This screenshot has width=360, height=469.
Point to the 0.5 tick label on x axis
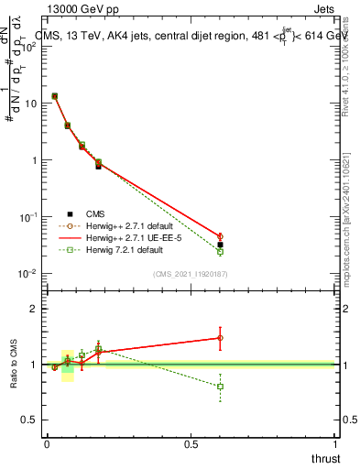pyautogui.click(x=191, y=443)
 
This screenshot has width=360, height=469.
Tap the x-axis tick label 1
pyautogui.click(x=335, y=443)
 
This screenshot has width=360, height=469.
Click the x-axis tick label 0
pyautogui.click(x=47, y=443)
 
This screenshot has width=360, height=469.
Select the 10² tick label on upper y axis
pyautogui.click(x=28, y=46)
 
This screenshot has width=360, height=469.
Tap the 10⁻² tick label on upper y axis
pyautogui.click(x=28, y=273)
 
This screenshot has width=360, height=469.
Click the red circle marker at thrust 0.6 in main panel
pyautogui.click(x=220, y=236)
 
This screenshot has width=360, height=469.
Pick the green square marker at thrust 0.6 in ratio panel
pyautogui.click(x=220, y=387)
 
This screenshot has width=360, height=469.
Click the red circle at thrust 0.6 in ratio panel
pyautogui.click(x=220, y=338)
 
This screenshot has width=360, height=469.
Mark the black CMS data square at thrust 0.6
pyautogui.click(x=220, y=245)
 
